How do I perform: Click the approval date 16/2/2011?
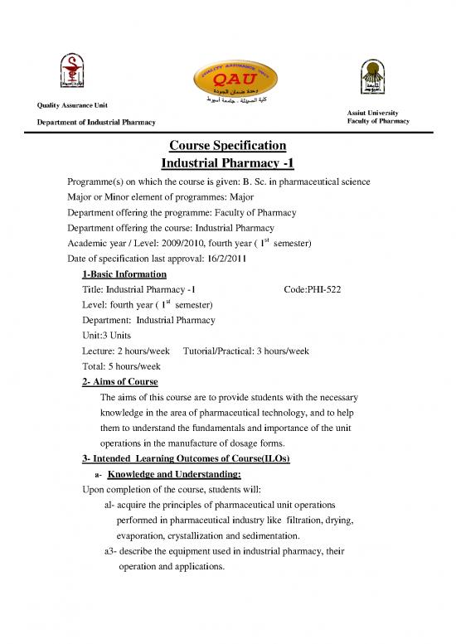[237, 258]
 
